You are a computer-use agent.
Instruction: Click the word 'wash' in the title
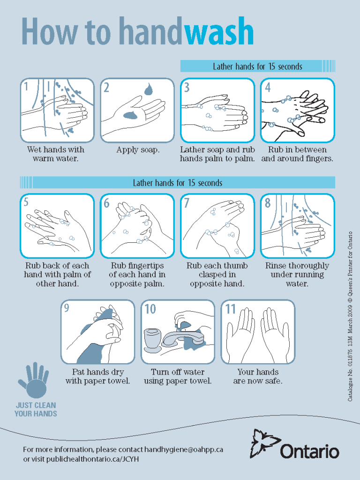coord(219,32)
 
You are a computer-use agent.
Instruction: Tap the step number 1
coord(26,87)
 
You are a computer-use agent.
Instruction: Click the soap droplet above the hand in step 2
coord(149,89)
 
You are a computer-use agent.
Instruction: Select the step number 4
coord(268,87)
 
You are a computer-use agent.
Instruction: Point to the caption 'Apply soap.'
coord(138,150)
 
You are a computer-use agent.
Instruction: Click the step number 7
coord(187,202)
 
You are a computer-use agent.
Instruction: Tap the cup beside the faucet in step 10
coord(152,339)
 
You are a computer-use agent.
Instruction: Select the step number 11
coord(231,309)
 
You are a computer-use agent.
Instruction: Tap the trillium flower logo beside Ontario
coord(264,443)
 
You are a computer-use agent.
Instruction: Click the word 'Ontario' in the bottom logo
coord(310,451)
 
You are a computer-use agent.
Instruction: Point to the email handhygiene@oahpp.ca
coord(183,450)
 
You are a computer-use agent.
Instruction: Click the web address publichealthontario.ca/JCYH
coord(93,459)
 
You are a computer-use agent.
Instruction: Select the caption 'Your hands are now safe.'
coord(258,376)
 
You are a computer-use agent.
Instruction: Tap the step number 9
coord(66,308)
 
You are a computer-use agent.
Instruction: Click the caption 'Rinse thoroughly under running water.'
coord(297,274)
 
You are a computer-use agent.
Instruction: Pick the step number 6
coord(106,203)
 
